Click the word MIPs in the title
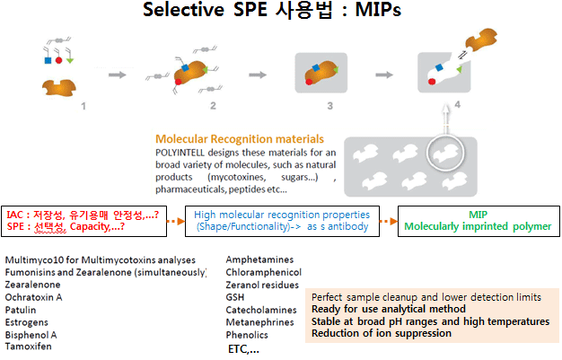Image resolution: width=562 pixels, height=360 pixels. [378, 10]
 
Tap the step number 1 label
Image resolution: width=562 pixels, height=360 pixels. [83, 106]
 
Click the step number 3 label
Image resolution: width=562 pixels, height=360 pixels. [330, 106]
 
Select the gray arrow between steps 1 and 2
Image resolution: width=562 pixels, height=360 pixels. [118, 75]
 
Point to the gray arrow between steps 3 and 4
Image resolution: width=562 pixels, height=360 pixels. [384, 75]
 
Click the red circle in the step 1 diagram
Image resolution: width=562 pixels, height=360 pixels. [58, 60]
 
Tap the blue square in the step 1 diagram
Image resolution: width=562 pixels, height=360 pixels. [48, 60]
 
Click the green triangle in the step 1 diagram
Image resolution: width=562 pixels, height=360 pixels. [70, 60]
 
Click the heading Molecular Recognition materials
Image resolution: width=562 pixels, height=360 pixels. [240, 139]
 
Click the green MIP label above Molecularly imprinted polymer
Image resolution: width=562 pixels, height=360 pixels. [479, 215]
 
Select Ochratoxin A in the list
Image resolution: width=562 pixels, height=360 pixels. [34, 297]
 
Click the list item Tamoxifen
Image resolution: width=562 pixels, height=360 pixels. [29, 347]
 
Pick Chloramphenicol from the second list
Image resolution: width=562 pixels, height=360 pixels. [264, 273]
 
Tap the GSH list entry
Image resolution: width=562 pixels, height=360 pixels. [235, 297]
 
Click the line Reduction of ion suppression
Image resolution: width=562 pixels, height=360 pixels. [382, 333]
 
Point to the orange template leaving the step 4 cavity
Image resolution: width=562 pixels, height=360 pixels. [481, 39]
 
